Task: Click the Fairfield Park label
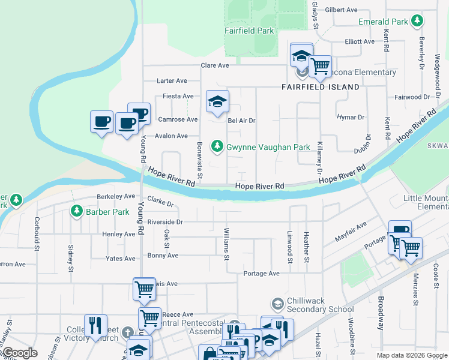coord(249,31)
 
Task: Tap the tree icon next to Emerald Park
coord(417,22)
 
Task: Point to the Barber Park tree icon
coord(76,211)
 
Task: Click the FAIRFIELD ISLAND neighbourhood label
coord(321,87)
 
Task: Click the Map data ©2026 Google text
coord(412,355)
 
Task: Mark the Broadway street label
coord(380,313)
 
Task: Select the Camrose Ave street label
coord(178,119)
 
